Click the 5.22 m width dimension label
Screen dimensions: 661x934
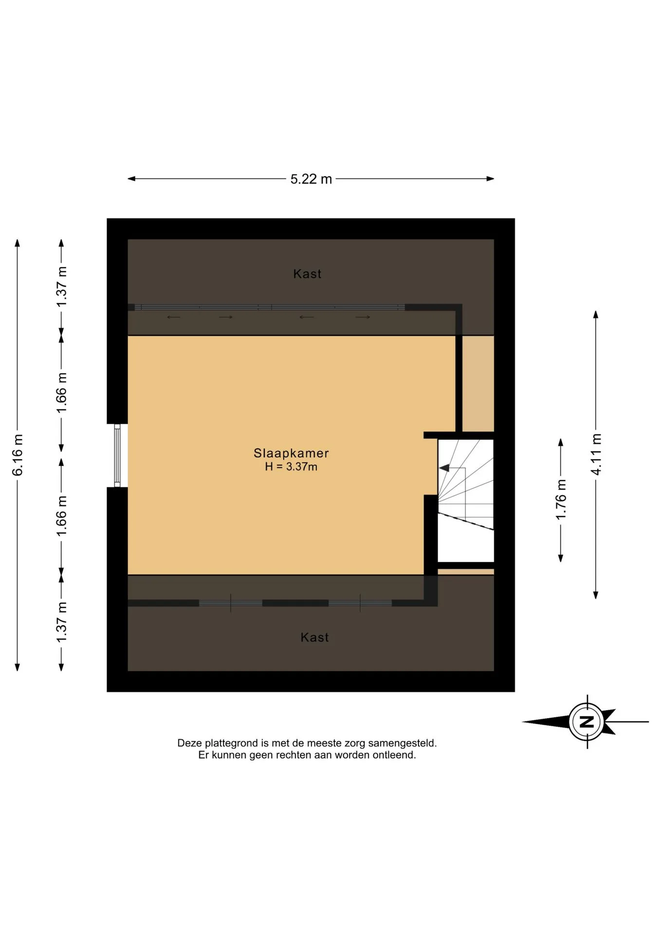tap(311, 179)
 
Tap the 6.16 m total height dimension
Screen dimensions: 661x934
tap(18, 455)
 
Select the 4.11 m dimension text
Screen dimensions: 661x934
tap(596, 454)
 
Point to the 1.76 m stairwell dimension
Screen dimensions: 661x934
tap(561, 500)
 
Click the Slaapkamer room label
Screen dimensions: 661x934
tap(291, 453)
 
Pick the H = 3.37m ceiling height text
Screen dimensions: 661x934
tap(291, 467)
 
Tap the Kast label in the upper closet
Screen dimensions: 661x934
tap(307, 274)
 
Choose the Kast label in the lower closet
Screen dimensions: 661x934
tap(314, 637)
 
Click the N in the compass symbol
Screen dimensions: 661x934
tap(587, 722)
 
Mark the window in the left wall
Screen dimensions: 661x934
tap(117, 455)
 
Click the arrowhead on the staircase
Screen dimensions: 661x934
tap(444, 468)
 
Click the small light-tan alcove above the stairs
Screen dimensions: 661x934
tap(478, 383)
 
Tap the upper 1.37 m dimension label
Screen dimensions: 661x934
tap(62, 287)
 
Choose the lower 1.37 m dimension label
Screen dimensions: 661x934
tap(62, 622)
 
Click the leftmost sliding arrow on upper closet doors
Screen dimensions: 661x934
tap(174, 317)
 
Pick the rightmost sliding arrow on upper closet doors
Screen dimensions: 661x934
tap(363, 317)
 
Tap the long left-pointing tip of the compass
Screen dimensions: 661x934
tap(523, 722)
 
